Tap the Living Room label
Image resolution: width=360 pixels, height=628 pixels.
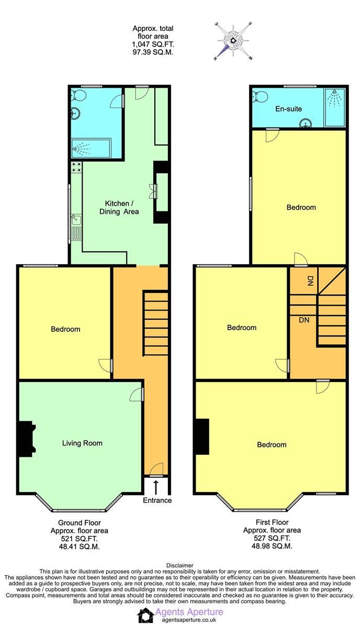click(x=82, y=443)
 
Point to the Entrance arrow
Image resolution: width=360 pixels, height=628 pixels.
click(x=156, y=487)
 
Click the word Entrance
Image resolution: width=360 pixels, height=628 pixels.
click(x=157, y=500)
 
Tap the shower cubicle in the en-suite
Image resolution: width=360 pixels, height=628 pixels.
click(x=334, y=107)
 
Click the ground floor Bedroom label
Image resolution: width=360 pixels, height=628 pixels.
click(x=65, y=329)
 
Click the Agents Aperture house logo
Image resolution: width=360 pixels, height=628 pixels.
click(x=145, y=615)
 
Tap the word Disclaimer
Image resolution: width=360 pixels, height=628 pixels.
click(x=180, y=565)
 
